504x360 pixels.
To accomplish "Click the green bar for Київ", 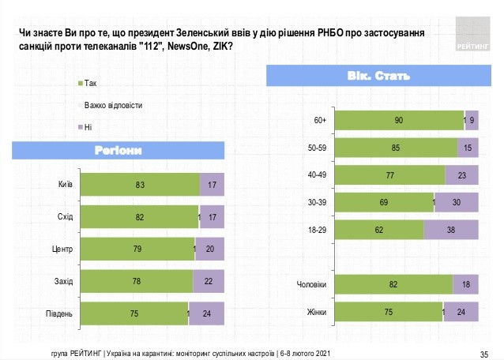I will pos(140,185).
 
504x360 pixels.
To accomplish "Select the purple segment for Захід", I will pos(209,281).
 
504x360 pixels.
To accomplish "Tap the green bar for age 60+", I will pos(401,120).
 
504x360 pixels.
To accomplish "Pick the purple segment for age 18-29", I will pos(451,230).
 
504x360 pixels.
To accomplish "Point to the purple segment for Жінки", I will pos(462,313).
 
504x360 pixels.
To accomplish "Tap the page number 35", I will pos(484,353).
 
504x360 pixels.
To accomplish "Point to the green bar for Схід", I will pos(139,217).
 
